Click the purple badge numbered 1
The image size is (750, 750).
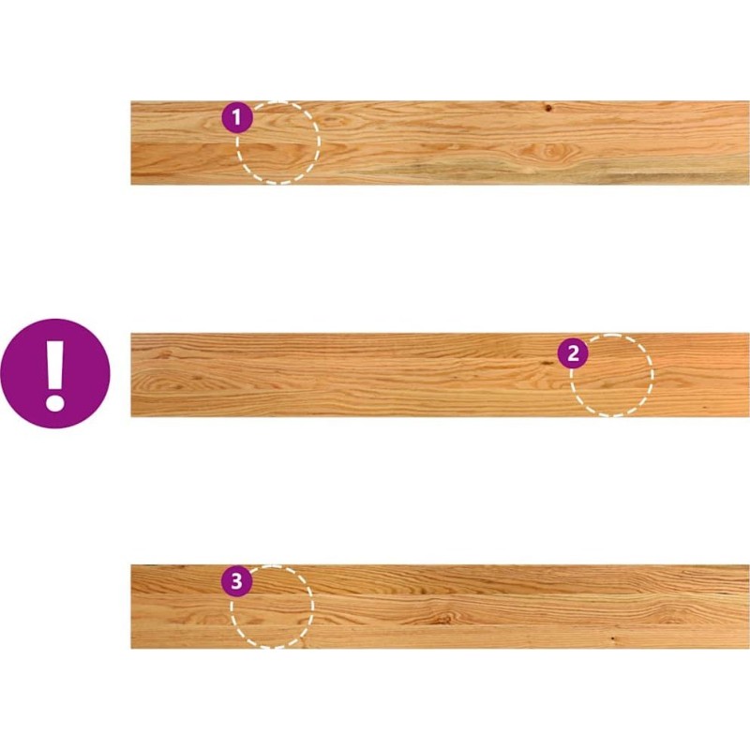pyautogui.click(x=237, y=117)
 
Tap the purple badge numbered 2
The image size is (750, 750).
pyautogui.click(x=573, y=353)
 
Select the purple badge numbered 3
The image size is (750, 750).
pyautogui.click(x=236, y=581)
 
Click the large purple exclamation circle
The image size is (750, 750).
pyautogui.click(x=55, y=373)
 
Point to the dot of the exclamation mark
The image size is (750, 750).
pyautogui.click(x=55, y=402)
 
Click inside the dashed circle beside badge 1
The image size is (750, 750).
pyautogui.click(x=277, y=142)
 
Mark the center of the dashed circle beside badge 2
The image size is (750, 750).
pyautogui.click(x=611, y=375)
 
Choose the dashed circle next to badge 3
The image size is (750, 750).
pyautogui.click(x=272, y=607)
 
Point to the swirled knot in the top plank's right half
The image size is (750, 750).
pyautogui.click(x=550, y=152)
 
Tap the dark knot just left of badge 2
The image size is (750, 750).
pyautogui.click(x=547, y=364)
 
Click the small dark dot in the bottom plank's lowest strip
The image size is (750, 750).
pyautogui.click(x=613, y=638)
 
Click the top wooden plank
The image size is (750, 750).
pyautogui.click(x=440, y=142)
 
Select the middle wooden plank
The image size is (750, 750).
pyautogui.click(x=440, y=375)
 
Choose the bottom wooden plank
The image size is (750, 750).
pyautogui.click(x=440, y=607)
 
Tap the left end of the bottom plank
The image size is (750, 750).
pyautogui.click(x=131, y=607)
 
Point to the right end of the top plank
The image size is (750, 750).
pyautogui.click(x=748, y=142)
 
